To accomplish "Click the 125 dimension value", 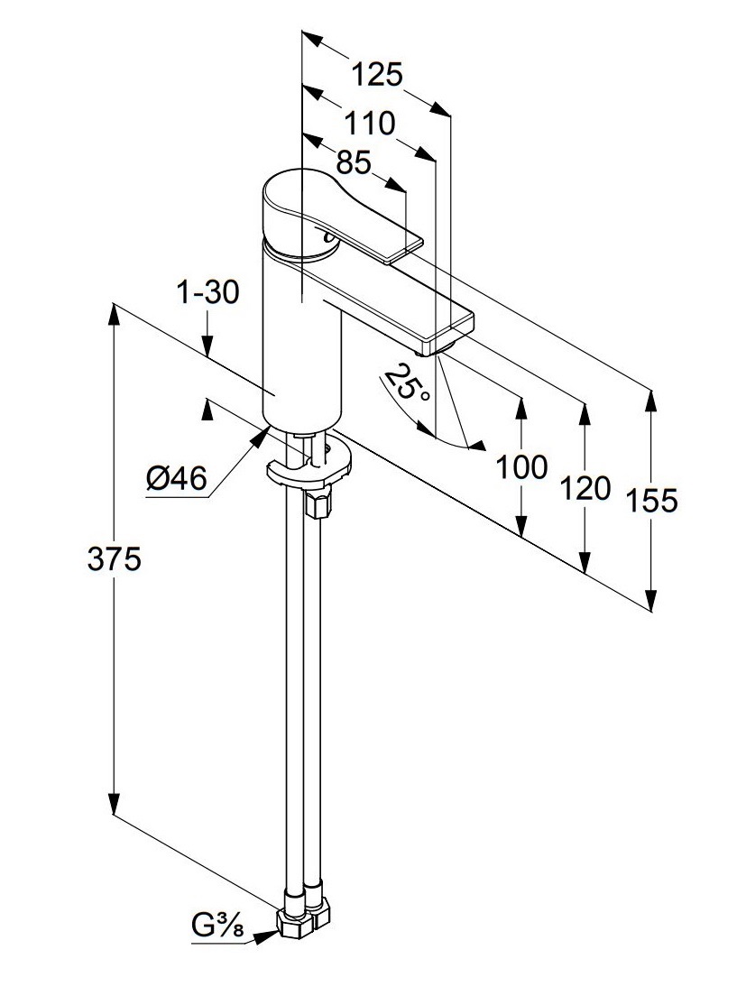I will pos(377,75).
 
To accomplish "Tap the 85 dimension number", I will pos(354,162).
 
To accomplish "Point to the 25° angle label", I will pos(404,383).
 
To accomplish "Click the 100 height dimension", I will pos(521,467).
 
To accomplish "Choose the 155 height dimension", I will pos(652,500).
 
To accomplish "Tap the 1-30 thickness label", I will pos(208,293).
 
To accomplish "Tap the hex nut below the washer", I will pos(317,502).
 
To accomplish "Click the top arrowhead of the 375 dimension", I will pos(115,315).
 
